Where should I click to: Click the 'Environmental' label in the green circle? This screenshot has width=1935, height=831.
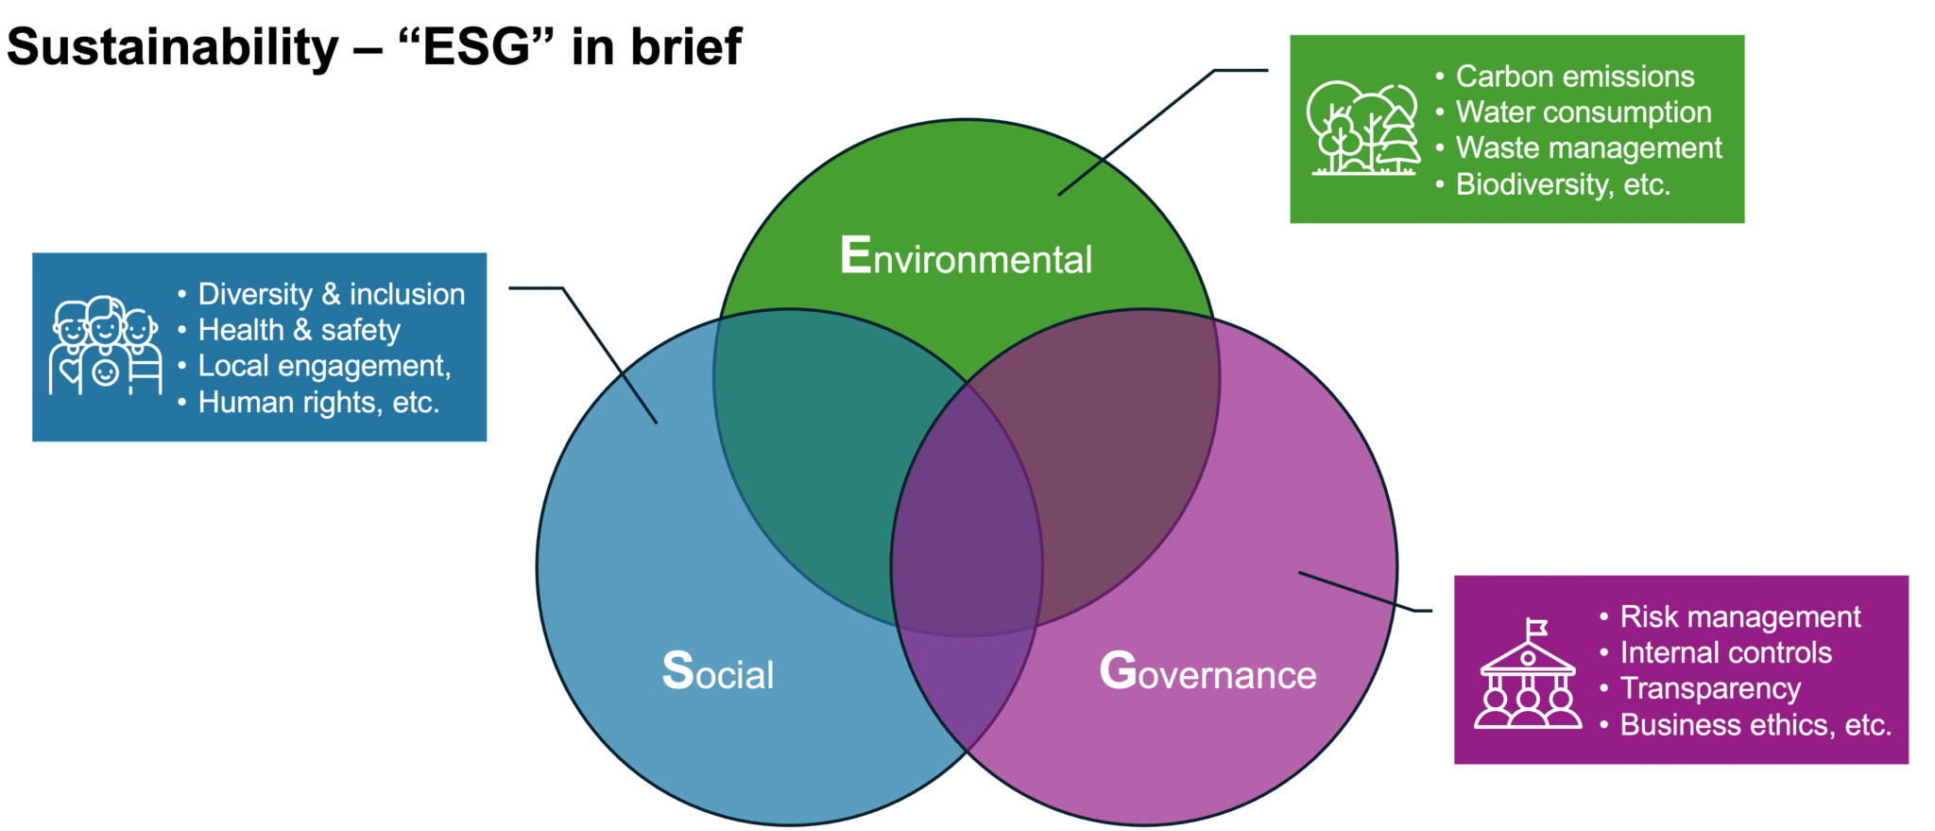966,257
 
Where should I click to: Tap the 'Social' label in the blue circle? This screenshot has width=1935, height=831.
718,672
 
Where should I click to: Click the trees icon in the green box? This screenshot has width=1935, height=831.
1363,129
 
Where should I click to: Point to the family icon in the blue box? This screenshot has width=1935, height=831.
105,346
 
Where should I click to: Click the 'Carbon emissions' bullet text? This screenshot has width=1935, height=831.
1575,76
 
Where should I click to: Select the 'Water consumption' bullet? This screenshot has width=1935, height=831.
1584,112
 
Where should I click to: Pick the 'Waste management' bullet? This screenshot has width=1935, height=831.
1588,147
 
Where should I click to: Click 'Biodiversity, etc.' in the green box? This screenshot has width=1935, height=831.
1563,183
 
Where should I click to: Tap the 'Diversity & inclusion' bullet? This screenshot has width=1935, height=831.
331,294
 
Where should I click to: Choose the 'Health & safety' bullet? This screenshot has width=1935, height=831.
299,330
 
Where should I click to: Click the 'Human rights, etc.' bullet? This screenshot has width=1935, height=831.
318,402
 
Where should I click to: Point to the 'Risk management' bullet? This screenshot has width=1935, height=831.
1739,616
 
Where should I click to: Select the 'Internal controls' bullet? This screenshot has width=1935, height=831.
1725,652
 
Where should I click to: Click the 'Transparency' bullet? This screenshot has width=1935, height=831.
1710,688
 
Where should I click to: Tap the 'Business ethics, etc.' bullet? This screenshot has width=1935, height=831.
1755,724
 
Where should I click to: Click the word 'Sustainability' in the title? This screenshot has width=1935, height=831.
172,47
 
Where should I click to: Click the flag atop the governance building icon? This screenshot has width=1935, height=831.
1537,627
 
